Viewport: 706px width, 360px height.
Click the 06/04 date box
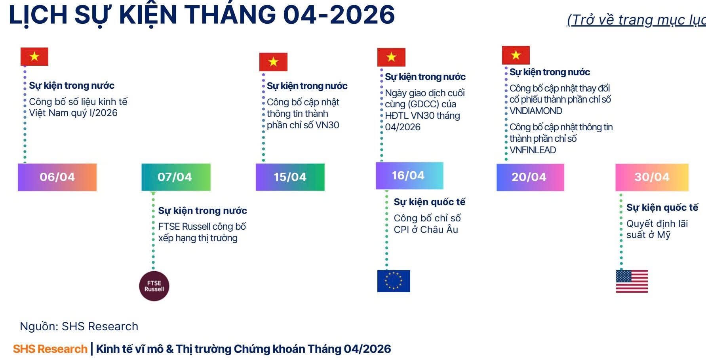click(x=57, y=177)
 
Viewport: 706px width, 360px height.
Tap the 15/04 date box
click(x=290, y=177)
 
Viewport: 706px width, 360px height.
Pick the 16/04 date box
click(x=409, y=175)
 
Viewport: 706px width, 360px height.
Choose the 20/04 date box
click(x=530, y=177)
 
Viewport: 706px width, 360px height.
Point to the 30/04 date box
click(x=652, y=177)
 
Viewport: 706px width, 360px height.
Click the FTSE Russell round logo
click(x=154, y=286)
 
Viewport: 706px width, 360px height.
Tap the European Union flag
click(x=394, y=281)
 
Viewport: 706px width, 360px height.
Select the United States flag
click(x=632, y=281)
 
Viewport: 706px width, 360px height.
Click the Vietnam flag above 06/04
click(x=34, y=57)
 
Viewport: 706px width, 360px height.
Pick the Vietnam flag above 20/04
click(x=516, y=55)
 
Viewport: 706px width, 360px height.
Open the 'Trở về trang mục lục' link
click(x=636, y=20)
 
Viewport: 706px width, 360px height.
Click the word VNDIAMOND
click(x=536, y=111)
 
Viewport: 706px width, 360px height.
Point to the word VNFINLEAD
click(x=533, y=150)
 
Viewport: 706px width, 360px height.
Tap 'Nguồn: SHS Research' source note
click(x=79, y=326)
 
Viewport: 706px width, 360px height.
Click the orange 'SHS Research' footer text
click(x=50, y=349)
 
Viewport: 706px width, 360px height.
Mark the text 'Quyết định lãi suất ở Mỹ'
click(x=657, y=229)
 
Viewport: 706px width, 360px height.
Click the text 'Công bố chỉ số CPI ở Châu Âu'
click(x=427, y=224)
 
